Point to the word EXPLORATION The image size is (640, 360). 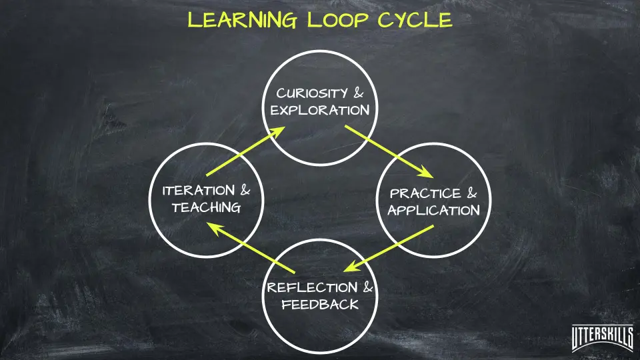point(320,110)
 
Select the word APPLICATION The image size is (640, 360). point(433,211)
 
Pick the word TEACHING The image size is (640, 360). point(206,207)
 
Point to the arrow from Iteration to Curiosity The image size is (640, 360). point(243,150)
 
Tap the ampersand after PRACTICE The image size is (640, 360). point(472,194)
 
